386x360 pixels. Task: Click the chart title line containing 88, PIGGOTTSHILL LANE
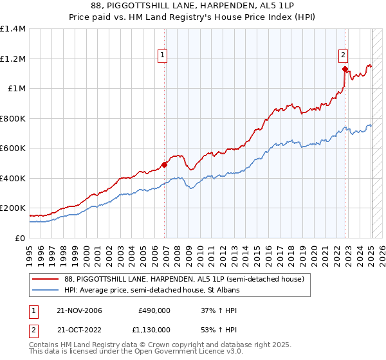coord(192,6)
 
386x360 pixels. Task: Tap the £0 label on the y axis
coord(20,238)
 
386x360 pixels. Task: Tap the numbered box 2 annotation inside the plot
coord(344,55)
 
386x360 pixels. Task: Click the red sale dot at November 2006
coord(165,165)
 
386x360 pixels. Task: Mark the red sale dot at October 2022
coord(345,69)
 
